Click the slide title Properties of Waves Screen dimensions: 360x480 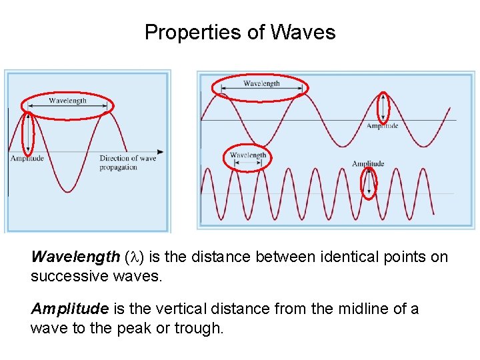(x=240, y=32)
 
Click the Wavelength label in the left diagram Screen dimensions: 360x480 (x=67, y=101)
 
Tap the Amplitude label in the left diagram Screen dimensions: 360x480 (x=27, y=158)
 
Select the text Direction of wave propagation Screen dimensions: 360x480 (x=127, y=163)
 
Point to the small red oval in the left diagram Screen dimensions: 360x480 (x=28, y=133)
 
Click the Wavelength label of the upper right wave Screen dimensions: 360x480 (x=261, y=83)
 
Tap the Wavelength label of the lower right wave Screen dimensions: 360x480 (x=247, y=155)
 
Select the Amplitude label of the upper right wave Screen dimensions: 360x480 (x=383, y=125)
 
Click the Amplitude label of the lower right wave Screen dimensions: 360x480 (x=368, y=163)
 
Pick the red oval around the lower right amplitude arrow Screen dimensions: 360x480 (x=369, y=183)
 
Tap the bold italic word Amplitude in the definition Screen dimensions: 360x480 (x=69, y=309)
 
